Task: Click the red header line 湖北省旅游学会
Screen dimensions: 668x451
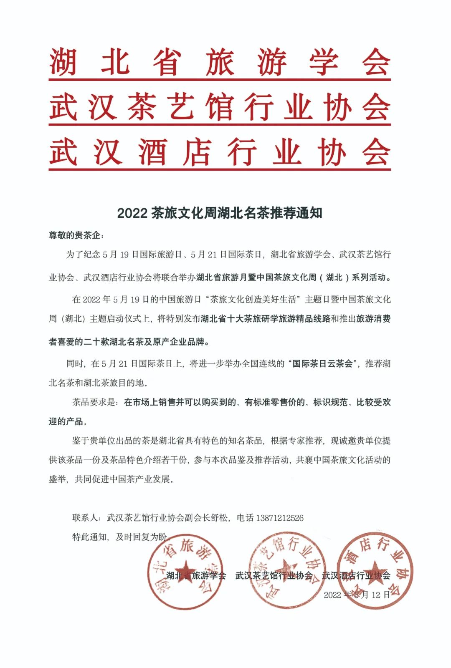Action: (220, 62)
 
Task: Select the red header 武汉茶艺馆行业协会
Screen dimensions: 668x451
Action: (220, 107)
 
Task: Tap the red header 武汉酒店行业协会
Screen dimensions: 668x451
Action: (220, 152)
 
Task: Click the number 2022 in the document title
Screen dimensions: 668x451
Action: (132, 213)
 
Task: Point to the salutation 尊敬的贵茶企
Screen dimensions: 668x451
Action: (75, 235)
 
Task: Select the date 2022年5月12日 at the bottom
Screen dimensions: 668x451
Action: (357, 595)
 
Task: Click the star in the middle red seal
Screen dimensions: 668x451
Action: (286, 569)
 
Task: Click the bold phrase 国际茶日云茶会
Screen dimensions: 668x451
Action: (322, 363)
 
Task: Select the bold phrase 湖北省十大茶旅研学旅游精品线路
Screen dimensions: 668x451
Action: (266, 319)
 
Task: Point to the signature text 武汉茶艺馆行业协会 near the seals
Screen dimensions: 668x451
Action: (274, 576)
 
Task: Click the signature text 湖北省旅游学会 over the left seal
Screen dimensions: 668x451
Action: (196, 576)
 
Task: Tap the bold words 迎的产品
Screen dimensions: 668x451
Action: (66, 421)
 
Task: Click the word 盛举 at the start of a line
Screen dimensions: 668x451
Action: (57, 479)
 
